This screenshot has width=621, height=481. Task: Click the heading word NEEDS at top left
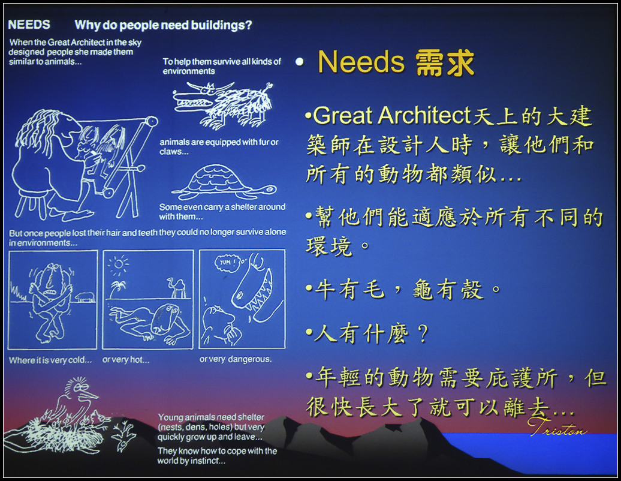29,25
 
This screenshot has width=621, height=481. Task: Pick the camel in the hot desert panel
177,288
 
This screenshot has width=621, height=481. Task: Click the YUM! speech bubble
227,262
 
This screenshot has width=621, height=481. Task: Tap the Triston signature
557,427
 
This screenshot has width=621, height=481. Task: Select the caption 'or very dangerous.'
235,359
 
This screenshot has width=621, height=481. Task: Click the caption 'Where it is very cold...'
50,360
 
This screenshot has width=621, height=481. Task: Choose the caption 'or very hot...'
126,360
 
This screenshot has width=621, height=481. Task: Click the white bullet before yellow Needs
300,62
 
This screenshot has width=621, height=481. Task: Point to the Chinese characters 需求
445,62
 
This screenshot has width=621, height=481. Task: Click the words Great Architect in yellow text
391,116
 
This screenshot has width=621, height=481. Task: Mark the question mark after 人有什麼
423,333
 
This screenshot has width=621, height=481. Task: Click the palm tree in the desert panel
117,289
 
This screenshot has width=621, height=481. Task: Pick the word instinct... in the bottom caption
208,461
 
